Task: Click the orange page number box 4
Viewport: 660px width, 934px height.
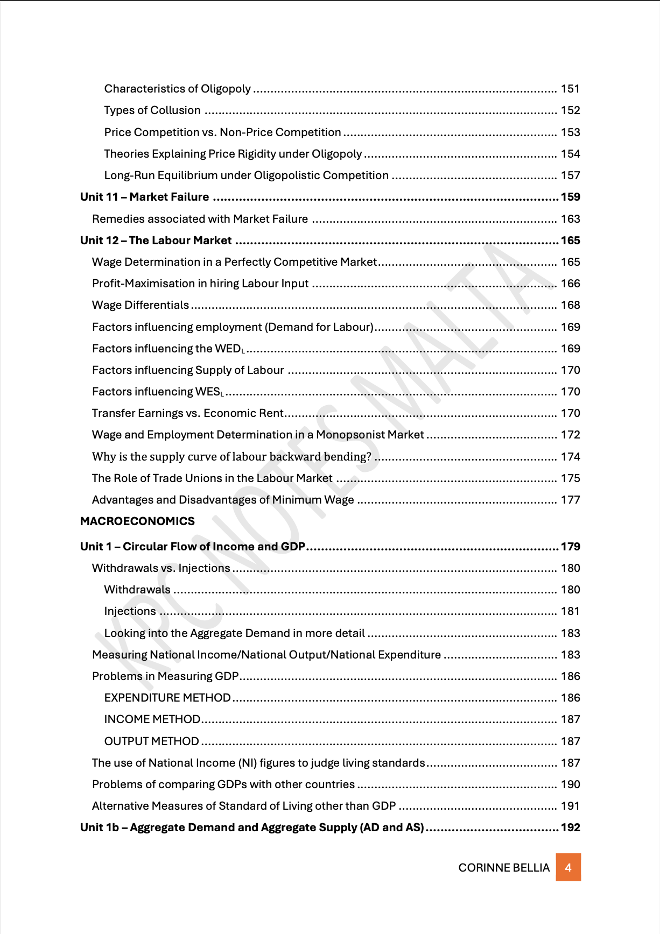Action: tap(568, 867)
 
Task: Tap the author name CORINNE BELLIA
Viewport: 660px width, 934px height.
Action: tap(504, 868)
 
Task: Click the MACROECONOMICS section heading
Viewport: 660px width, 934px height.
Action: tap(137, 521)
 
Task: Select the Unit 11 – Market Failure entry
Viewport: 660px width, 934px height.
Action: tap(145, 197)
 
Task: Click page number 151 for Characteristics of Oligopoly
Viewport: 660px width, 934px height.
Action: tap(570, 89)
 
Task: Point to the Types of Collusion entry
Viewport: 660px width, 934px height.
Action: tap(152, 110)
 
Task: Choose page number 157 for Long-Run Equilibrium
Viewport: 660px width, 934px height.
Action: tap(570, 175)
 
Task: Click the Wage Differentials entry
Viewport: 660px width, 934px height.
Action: tap(141, 305)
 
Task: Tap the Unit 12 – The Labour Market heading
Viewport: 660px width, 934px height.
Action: tap(156, 240)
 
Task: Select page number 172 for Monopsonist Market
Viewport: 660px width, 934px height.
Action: tap(570, 435)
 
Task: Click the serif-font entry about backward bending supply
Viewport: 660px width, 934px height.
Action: tap(231, 457)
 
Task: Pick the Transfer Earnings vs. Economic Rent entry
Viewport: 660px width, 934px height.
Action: tap(187, 413)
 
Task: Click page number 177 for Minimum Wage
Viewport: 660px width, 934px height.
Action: tap(570, 500)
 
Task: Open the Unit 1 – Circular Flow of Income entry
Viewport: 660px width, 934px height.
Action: tap(193, 547)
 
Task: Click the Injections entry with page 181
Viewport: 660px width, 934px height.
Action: tap(130, 611)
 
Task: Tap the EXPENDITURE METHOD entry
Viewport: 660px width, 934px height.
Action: tap(167, 698)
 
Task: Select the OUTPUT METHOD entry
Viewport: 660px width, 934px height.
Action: tap(152, 741)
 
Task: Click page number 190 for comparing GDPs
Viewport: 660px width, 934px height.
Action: tap(570, 784)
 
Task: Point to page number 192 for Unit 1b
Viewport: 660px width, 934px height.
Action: tap(570, 827)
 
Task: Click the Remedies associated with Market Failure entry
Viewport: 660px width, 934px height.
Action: tap(200, 219)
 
